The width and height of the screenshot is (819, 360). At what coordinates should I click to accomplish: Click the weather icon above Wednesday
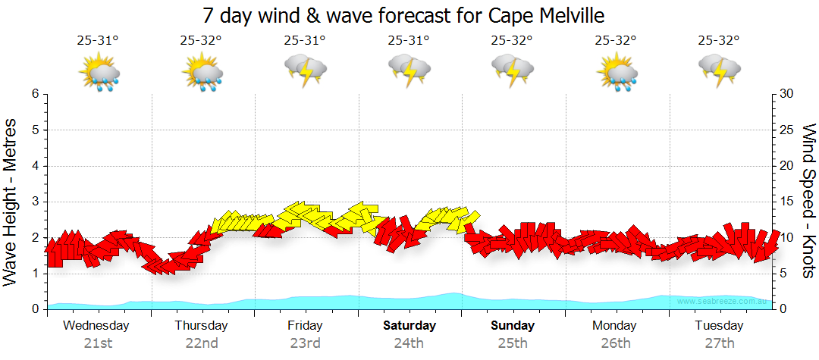coord(99,73)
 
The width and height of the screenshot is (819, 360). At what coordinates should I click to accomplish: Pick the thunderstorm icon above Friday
coord(306,71)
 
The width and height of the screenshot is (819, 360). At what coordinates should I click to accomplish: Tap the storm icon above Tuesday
coord(719,71)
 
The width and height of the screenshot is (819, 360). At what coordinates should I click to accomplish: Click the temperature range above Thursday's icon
coord(201,41)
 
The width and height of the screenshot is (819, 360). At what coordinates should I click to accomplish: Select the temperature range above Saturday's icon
coord(408,41)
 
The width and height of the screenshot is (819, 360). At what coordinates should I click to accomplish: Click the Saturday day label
coord(409,326)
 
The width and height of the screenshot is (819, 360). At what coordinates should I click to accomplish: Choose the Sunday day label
coord(512,326)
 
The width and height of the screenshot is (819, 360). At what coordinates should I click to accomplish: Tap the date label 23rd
coord(305,343)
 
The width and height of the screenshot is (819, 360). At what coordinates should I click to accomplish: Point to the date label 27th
coord(719,343)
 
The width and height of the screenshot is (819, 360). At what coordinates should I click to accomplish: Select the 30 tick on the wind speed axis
coord(787,94)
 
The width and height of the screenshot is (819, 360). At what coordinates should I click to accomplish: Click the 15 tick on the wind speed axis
coord(787,202)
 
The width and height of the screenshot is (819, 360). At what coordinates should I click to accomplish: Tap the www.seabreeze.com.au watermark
coord(723,302)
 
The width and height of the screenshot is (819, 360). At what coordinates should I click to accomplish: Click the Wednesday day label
coord(96,326)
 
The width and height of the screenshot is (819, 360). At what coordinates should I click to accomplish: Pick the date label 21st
coord(98,343)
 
